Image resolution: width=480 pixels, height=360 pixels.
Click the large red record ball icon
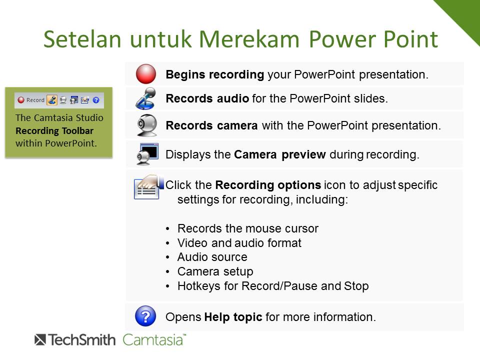coord(145,74)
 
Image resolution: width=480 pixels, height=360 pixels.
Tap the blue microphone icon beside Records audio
coord(145,98)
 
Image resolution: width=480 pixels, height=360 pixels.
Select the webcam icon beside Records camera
coord(146,125)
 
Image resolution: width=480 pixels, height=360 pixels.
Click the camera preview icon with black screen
coord(147,154)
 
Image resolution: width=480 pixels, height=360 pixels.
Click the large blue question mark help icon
coord(145,316)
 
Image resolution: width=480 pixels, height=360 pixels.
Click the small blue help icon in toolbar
coord(96,100)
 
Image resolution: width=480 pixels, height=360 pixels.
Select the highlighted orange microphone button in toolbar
coord(51,100)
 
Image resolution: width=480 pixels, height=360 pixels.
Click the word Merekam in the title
coord(249,39)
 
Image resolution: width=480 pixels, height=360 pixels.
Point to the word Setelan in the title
coord(82,39)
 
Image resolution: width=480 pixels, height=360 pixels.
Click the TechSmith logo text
coord(75,340)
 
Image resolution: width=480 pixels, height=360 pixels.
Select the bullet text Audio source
coord(212,257)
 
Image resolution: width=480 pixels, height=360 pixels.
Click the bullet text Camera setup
coord(215,271)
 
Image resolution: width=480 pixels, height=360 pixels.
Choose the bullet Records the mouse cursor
coord(248,228)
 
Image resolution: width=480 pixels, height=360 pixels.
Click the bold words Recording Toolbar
coord(54,130)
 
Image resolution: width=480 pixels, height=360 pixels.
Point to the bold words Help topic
coord(233,317)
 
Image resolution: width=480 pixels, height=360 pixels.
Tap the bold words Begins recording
coord(215,74)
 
